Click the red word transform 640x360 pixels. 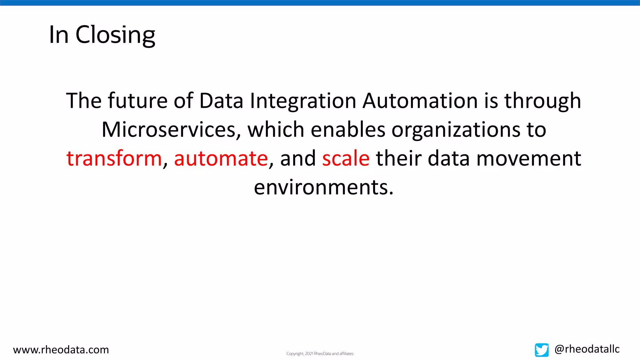tap(114, 158)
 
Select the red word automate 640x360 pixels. tap(221, 158)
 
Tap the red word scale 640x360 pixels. tap(346, 158)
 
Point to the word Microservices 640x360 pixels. tap(169, 130)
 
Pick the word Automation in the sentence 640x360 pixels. tap(420, 101)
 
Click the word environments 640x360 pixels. tap(323, 187)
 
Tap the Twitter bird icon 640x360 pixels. tap(541, 350)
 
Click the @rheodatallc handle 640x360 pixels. tap(587, 349)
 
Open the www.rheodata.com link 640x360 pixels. tap(61, 350)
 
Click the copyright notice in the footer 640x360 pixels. tap(320, 354)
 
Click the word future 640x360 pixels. tap(138, 101)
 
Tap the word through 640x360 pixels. tap(542, 101)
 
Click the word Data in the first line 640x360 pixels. tap(221, 101)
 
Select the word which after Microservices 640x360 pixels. tap(276, 130)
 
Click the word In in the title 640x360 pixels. tap(58, 35)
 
